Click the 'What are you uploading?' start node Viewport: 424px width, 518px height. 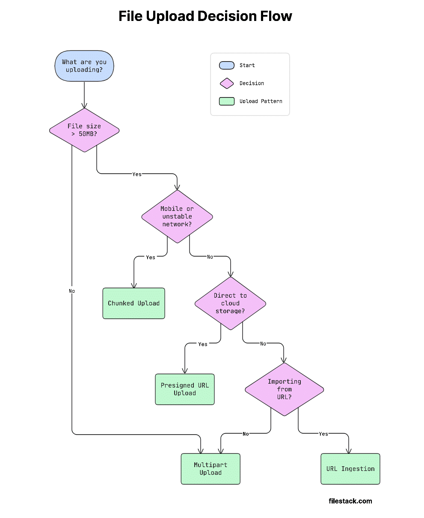pos(84,66)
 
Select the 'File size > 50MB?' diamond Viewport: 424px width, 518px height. pos(84,130)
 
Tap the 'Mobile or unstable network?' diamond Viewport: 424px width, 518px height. pos(177,216)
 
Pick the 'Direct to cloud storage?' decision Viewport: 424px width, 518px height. pos(230,303)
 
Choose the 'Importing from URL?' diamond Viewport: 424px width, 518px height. pos(284,389)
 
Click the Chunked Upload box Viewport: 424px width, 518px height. pos(133,303)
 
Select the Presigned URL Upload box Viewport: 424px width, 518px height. pos(184,389)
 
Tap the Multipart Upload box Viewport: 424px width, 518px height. pos(211,469)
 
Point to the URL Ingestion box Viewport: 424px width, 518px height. pos(350,469)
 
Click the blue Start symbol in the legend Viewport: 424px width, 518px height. pos(226,65)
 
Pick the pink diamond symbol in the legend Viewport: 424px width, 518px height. pos(226,83)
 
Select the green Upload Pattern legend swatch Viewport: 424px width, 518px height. pos(226,101)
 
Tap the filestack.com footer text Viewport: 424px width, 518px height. pos(350,501)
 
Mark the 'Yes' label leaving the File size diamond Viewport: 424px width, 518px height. pos(137,174)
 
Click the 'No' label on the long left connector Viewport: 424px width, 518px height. pos(71,291)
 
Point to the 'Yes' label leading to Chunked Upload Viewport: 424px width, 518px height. pos(151,258)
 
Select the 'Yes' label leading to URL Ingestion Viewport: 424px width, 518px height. pos(323,434)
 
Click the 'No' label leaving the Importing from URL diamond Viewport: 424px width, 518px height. pos(246,434)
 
